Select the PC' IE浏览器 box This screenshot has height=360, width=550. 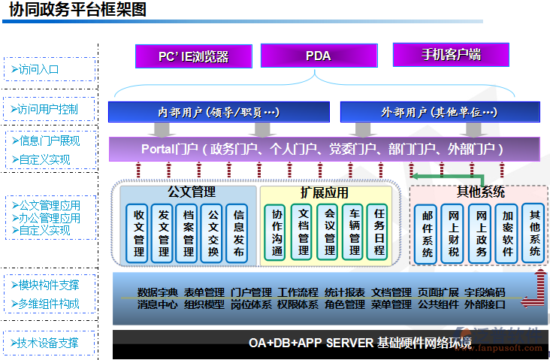pyautogui.click(x=192, y=56)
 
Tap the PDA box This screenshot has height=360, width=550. pyautogui.click(x=317, y=56)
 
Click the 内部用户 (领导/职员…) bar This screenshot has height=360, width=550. pyautogui.click(x=219, y=112)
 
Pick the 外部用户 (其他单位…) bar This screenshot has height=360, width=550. pyautogui.click(x=439, y=112)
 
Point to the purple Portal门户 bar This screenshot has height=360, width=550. pyautogui.click(x=323, y=149)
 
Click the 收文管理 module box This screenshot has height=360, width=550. pyautogui.click(x=139, y=232)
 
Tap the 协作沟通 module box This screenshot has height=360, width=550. pyautogui.click(x=277, y=232)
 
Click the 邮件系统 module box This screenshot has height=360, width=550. pyautogui.click(x=427, y=234)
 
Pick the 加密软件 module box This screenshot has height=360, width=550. pyautogui.click(x=509, y=234)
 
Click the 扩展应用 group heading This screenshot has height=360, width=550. pyautogui.click(x=324, y=192)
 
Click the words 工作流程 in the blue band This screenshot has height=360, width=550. pyautogui.click(x=298, y=292)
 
